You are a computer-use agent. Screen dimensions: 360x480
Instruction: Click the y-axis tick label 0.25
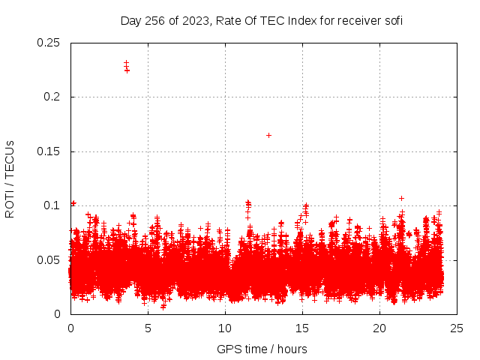tap(49, 43)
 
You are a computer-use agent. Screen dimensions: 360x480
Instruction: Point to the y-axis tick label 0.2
tap(52, 97)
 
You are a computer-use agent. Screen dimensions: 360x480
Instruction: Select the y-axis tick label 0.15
tap(49, 151)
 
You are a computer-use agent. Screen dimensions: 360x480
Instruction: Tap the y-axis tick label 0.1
tap(52, 205)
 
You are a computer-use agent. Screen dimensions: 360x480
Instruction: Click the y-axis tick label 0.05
tap(49, 259)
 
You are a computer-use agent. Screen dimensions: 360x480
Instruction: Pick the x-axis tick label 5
tap(148, 328)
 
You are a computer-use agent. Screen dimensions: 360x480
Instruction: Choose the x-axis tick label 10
tap(225, 328)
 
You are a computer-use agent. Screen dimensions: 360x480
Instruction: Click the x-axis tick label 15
tap(302, 328)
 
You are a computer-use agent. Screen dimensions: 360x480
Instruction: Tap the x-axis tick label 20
tap(379, 328)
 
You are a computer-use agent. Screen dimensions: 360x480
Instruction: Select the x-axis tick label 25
tap(457, 328)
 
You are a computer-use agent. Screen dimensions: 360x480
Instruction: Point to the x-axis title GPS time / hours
tap(262, 349)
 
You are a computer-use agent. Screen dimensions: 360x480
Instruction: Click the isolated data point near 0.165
tap(268, 135)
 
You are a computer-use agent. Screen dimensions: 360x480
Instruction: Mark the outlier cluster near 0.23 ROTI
tap(127, 67)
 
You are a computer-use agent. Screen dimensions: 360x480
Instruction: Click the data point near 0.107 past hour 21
tap(401, 198)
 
